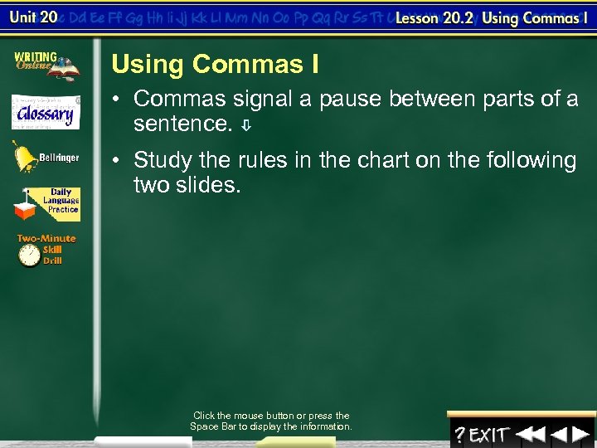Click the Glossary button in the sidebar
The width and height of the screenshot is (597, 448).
tap(46, 112)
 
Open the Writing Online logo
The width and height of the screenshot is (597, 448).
tap(46, 65)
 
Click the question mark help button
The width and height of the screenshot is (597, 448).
tap(459, 434)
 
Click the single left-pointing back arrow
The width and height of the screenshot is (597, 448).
tap(559, 434)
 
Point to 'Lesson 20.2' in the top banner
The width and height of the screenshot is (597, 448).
tap(433, 18)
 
